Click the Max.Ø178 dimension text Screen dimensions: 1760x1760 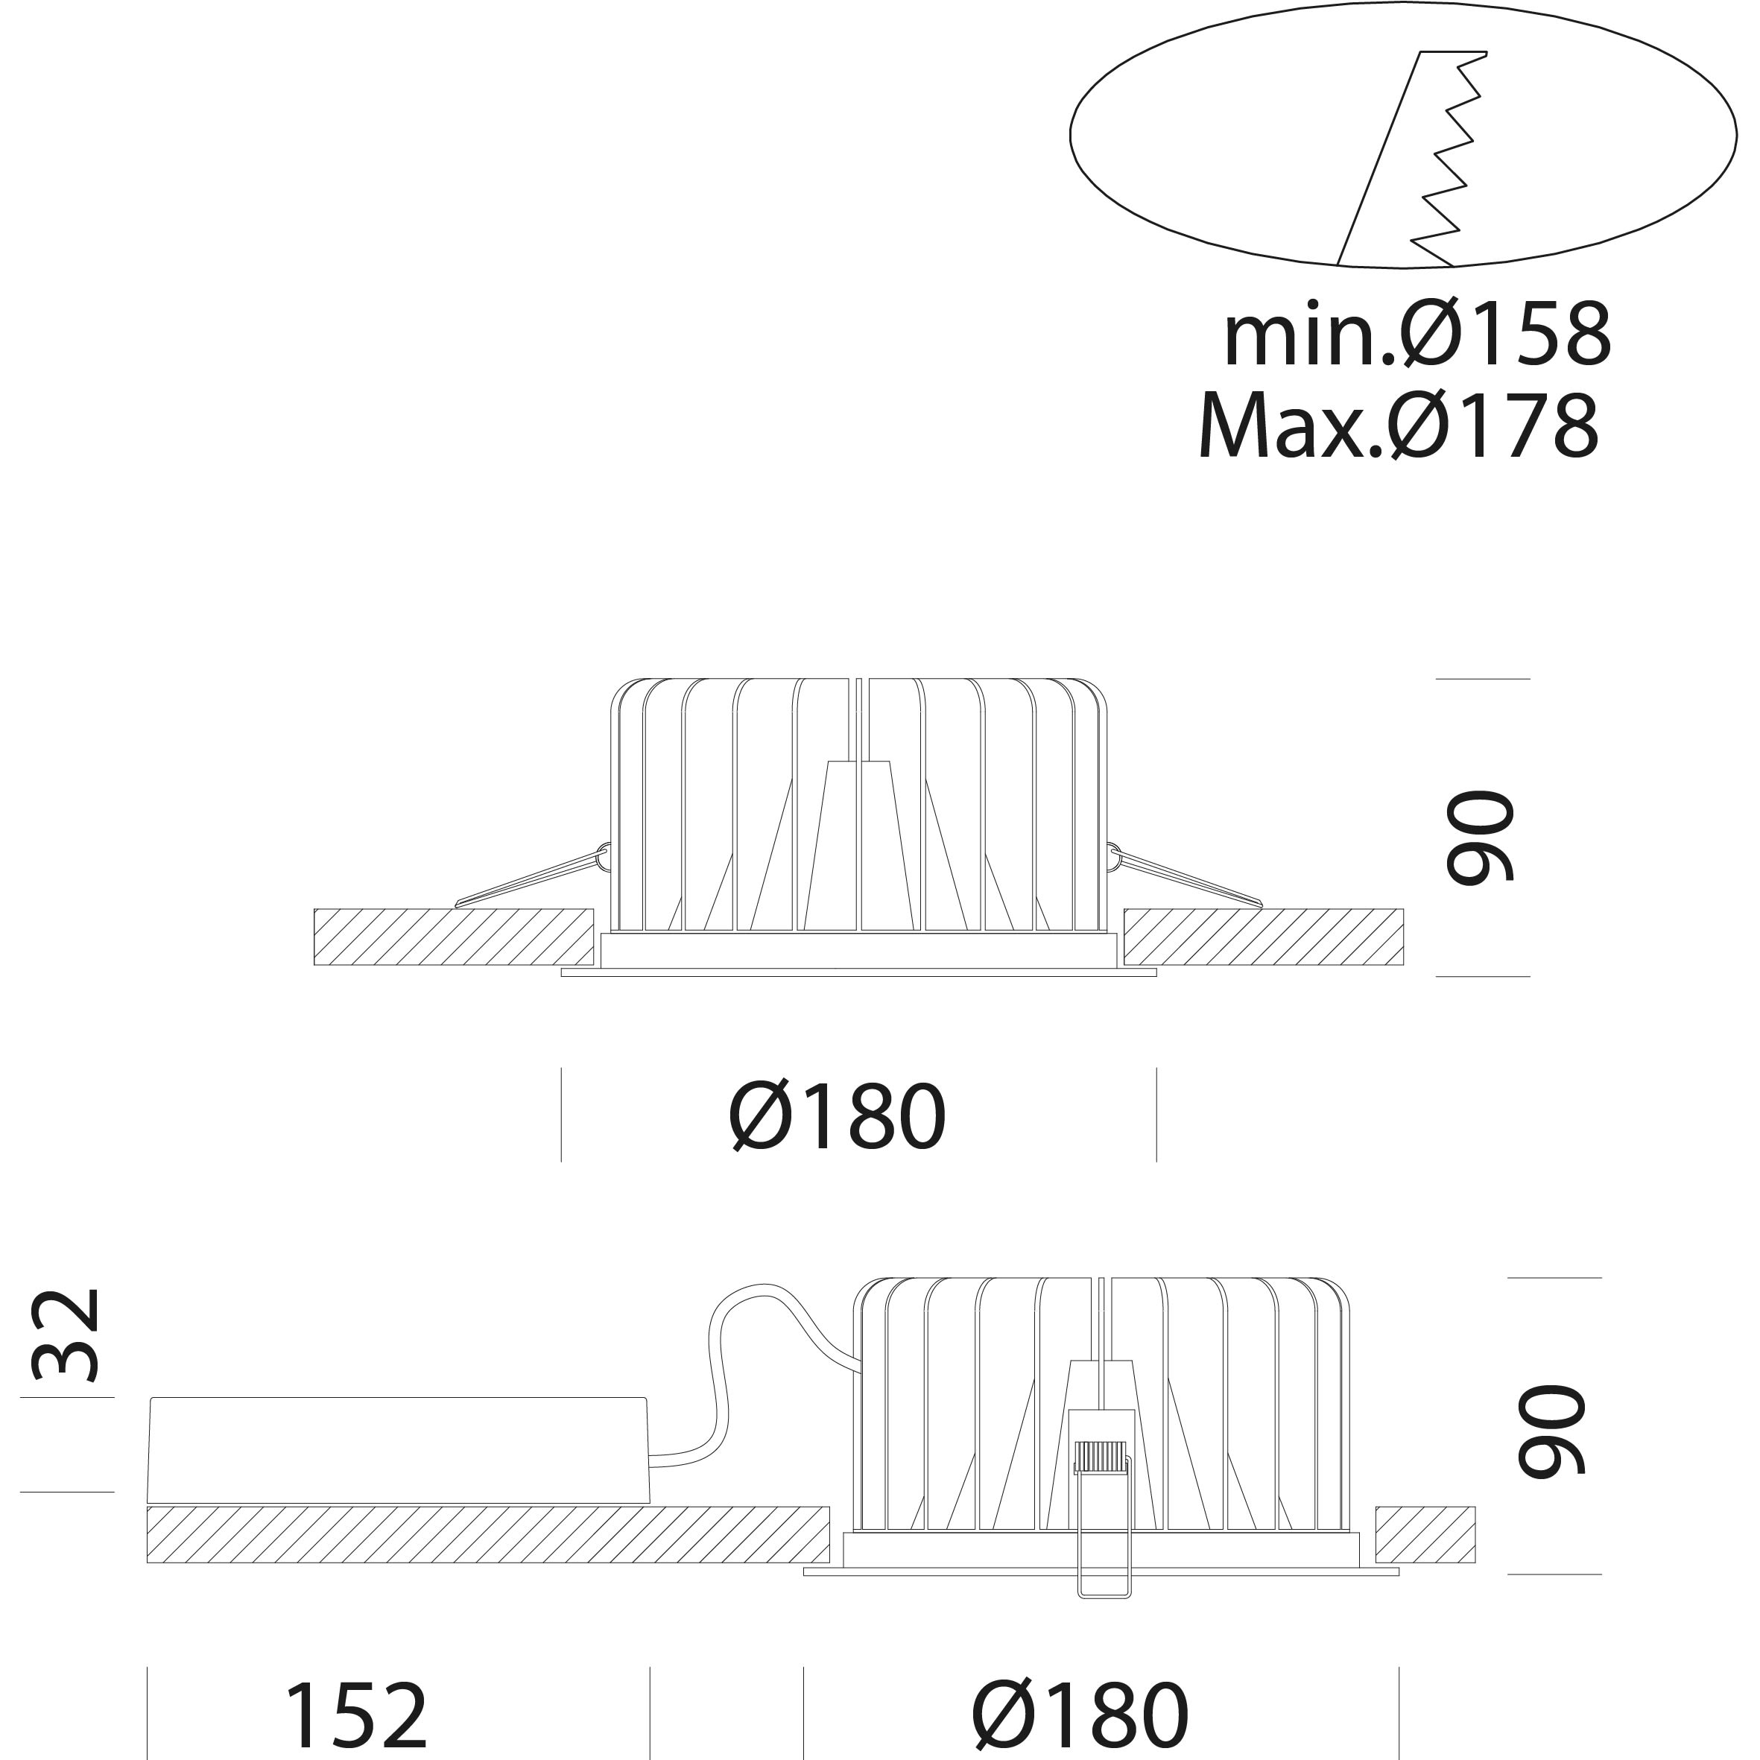pos(1399,425)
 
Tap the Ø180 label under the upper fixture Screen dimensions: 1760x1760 pos(838,1117)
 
